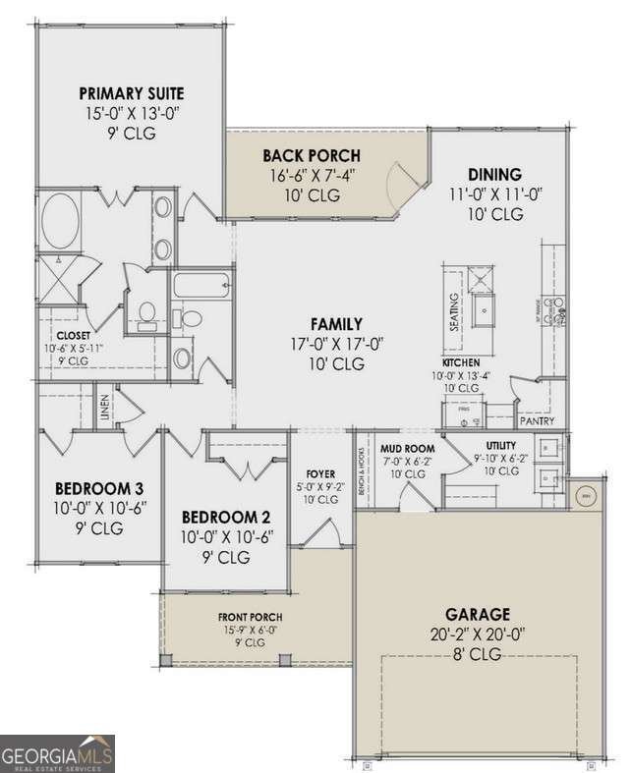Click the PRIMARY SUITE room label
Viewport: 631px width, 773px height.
[132, 93]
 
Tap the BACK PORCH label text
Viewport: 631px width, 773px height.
[311, 155]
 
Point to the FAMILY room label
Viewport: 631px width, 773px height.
[336, 323]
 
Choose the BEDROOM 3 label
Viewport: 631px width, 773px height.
[99, 488]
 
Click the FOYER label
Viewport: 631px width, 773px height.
[320, 472]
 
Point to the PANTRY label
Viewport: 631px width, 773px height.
[538, 421]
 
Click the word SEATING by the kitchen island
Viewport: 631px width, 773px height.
[455, 312]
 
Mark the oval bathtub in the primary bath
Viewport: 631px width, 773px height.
[62, 222]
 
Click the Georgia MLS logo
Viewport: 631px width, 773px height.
[57, 753]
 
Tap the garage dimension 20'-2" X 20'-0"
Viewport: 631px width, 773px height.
[481, 634]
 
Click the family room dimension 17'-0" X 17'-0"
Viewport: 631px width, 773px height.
[336, 344]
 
